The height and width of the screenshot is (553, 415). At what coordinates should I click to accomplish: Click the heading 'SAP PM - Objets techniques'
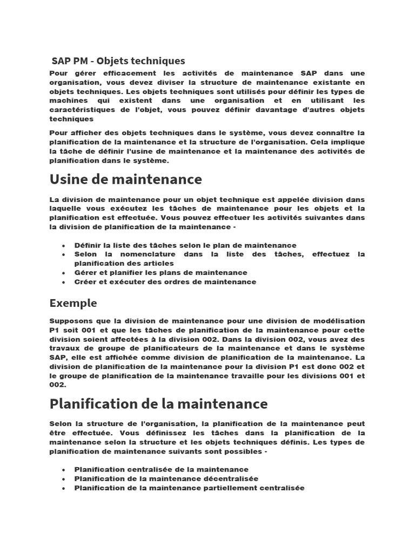click(x=118, y=60)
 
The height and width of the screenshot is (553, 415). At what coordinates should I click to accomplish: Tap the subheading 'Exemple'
click(x=73, y=302)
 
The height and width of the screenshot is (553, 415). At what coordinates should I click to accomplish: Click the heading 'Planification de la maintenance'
click(x=158, y=403)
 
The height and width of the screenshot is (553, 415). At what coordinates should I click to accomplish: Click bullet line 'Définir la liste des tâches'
click(x=185, y=245)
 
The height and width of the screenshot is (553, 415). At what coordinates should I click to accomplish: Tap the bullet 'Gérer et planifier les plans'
click(x=160, y=273)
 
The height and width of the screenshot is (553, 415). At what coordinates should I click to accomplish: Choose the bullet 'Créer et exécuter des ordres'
click(x=165, y=282)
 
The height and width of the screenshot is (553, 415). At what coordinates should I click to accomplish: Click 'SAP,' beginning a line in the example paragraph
click(x=58, y=358)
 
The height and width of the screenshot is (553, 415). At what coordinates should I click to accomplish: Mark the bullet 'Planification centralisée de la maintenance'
click(x=161, y=469)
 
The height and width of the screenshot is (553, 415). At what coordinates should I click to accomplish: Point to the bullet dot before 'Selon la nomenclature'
click(x=64, y=254)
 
